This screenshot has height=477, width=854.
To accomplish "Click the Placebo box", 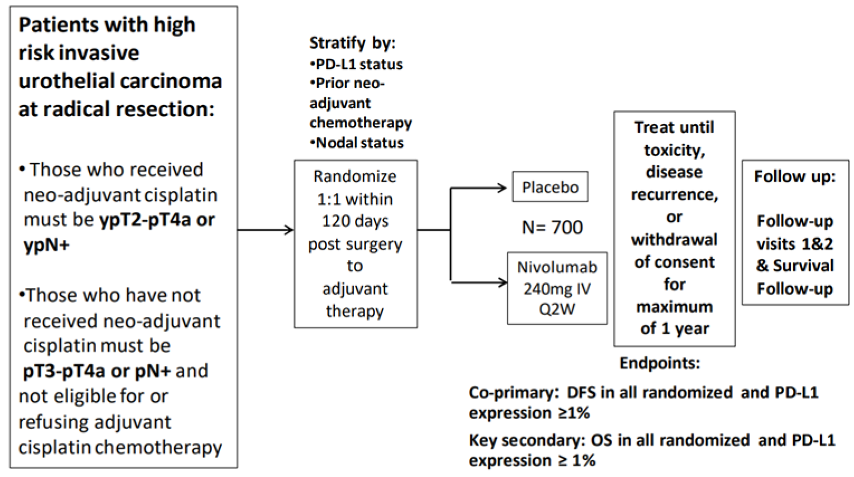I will pyautogui.click(x=550, y=187).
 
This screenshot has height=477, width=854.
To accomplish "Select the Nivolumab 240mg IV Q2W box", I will pyautogui.click(x=556, y=288).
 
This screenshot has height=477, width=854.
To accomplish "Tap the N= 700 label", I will pyautogui.click(x=552, y=227).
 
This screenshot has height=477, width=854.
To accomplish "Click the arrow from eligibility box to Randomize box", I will pyautogui.click(x=265, y=229).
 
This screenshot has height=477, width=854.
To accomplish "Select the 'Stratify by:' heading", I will pyautogui.click(x=352, y=43).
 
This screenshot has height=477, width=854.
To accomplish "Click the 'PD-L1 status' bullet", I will pyautogui.click(x=357, y=64).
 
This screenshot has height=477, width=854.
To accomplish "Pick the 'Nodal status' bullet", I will pyautogui.click(x=358, y=143).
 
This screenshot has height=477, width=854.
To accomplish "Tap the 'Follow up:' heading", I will pyautogui.click(x=795, y=177).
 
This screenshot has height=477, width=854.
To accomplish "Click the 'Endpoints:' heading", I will pyautogui.click(x=659, y=363).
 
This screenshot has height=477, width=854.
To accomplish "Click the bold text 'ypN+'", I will pyautogui.click(x=46, y=245).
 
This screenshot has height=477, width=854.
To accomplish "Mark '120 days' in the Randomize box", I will pyautogui.click(x=355, y=221).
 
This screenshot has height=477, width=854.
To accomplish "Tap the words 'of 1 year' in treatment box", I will pyautogui.click(x=674, y=329).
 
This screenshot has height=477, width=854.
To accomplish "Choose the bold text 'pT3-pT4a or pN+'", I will pyautogui.click(x=97, y=371).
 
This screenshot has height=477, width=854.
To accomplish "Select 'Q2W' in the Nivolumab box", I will pyautogui.click(x=556, y=310).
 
